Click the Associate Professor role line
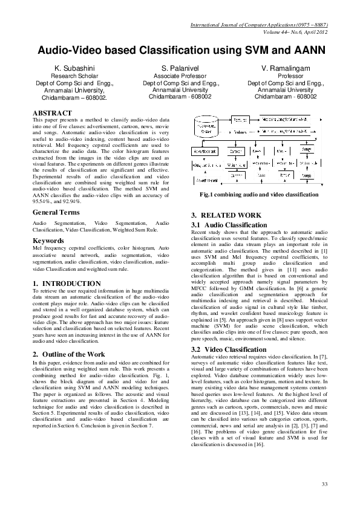coord(180,76)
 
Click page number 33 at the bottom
coord(324,484)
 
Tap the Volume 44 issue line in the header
coord(301,32)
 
